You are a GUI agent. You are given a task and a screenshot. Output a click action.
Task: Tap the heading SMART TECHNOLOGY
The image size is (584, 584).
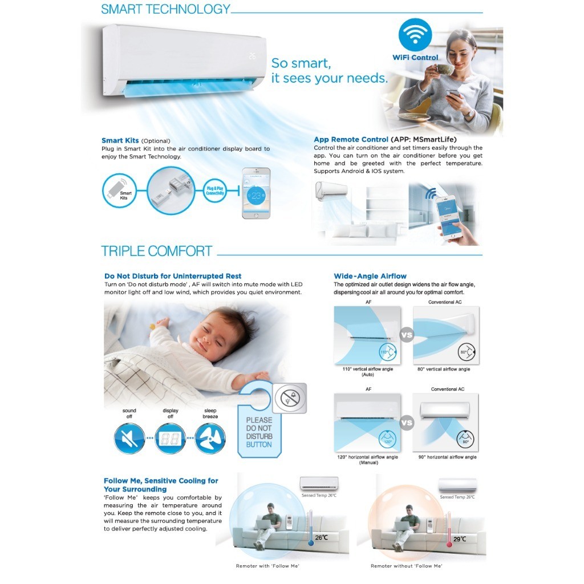coord(165,9)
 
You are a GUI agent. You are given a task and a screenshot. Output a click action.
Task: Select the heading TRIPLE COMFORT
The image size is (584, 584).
coord(156,251)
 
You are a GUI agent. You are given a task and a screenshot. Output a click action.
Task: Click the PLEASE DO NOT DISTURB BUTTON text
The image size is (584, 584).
coord(259,432)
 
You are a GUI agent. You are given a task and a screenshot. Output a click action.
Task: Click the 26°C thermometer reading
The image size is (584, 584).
coord(321,537)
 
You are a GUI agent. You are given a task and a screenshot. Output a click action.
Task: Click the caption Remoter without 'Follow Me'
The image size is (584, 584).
coord(405,566)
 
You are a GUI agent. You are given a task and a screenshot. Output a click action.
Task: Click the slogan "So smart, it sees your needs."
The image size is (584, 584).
coord(328,71)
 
